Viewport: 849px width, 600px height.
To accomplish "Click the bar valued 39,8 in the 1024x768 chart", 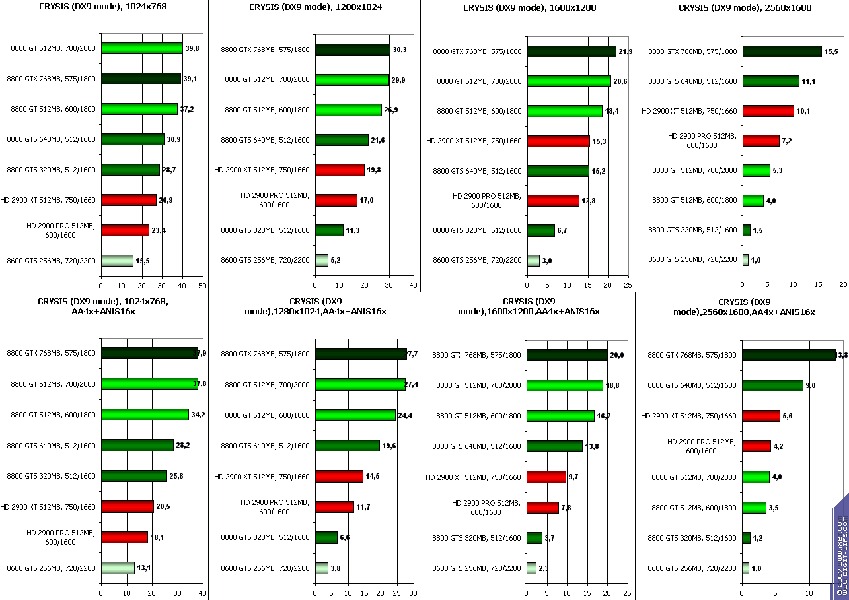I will tap(141, 48).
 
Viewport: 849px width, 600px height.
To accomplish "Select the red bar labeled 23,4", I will tap(125, 230).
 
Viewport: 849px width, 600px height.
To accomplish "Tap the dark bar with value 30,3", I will tap(353, 50).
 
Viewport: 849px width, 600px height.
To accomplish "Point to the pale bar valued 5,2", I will tap(322, 260).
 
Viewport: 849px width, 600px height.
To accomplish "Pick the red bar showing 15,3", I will tap(558, 141).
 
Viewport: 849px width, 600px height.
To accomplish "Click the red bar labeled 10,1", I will tap(768, 111).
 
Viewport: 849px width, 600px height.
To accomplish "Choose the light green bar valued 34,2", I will tap(145, 415).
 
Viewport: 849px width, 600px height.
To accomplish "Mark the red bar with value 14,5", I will tap(339, 476).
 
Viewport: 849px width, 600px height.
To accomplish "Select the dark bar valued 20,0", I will tap(567, 355).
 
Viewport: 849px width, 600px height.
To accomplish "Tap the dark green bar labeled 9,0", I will tap(772, 385).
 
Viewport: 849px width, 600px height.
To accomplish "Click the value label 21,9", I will tap(625, 51).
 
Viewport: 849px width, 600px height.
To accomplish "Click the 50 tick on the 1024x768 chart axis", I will tap(203, 286).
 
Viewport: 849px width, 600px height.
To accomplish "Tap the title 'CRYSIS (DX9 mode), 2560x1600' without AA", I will tap(745, 8).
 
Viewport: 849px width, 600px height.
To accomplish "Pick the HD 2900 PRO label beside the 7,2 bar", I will tap(701, 141).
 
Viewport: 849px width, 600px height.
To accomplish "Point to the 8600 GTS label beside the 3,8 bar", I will tap(265, 568).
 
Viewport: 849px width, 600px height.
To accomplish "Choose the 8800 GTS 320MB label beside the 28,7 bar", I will tap(51, 170).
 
